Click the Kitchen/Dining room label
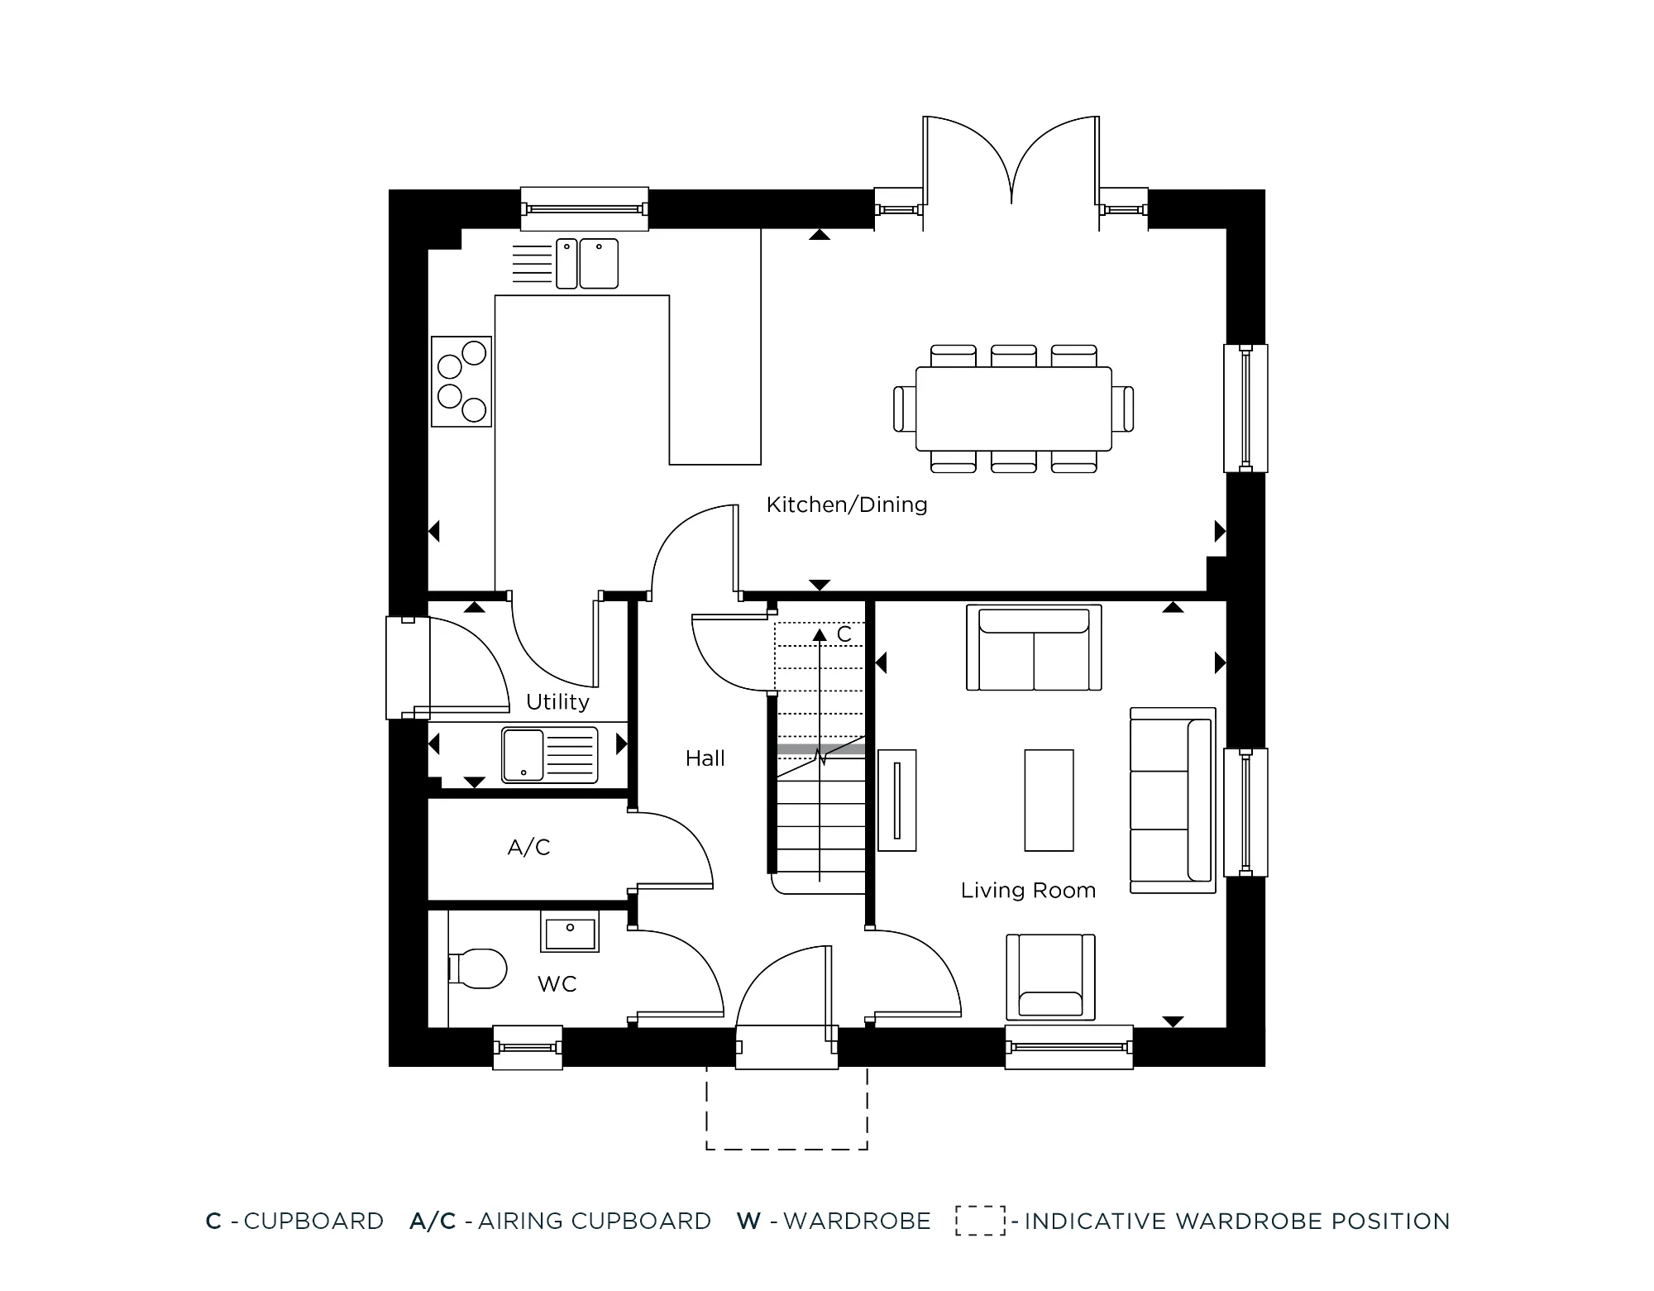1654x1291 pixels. (x=847, y=504)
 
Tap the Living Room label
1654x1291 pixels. (x=1028, y=891)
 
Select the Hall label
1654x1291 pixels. (x=705, y=758)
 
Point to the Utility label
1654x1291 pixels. (x=557, y=702)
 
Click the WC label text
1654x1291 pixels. (x=557, y=984)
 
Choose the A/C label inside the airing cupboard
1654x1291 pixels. (x=528, y=848)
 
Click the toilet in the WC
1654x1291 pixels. (x=476, y=968)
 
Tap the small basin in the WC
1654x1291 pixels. (x=570, y=931)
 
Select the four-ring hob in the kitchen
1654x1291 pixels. (x=461, y=381)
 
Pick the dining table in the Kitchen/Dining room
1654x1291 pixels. (x=1013, y=409)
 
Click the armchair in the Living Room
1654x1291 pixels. (x=1050, y=978)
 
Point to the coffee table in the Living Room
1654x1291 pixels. (x=1049, y=801)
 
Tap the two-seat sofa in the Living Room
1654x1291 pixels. (x=1034, y=648)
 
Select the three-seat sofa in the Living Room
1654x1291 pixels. (x=1172, y=800)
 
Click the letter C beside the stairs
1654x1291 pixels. (x=844, y=634)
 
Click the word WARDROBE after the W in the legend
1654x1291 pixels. (x=857, y=1222)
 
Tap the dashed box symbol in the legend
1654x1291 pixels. (x=981, y=1221)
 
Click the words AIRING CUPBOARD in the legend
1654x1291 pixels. (x=595, y=1222)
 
